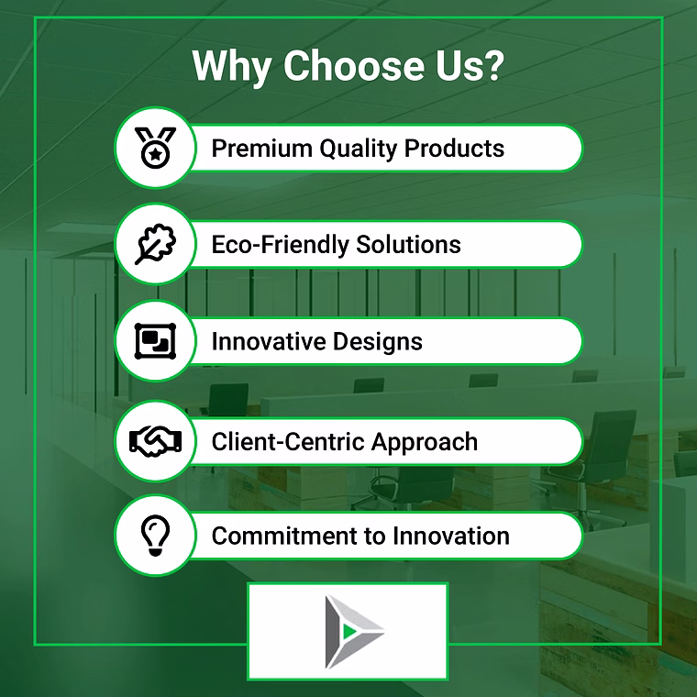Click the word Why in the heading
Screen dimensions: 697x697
(232, 66)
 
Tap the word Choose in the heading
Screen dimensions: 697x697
(353, 65)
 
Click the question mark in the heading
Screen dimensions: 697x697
(493, 65)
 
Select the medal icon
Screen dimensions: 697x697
(155, 148)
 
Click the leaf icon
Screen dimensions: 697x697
(155, 244)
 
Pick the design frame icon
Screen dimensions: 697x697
(155, 341)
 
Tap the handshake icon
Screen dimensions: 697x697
(155, 441)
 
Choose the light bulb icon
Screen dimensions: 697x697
(155, 536)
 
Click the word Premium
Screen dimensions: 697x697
(261, 148)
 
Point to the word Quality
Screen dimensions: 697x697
(358, 149)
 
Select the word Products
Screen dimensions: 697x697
(454, 148)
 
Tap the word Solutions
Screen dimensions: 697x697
(408, 244)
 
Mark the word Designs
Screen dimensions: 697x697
(378, 342)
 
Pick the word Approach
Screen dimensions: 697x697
(425, 443)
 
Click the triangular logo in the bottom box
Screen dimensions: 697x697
(354, 632)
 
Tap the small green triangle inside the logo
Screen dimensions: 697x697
(349, 631)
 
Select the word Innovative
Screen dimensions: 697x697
(269, 341)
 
